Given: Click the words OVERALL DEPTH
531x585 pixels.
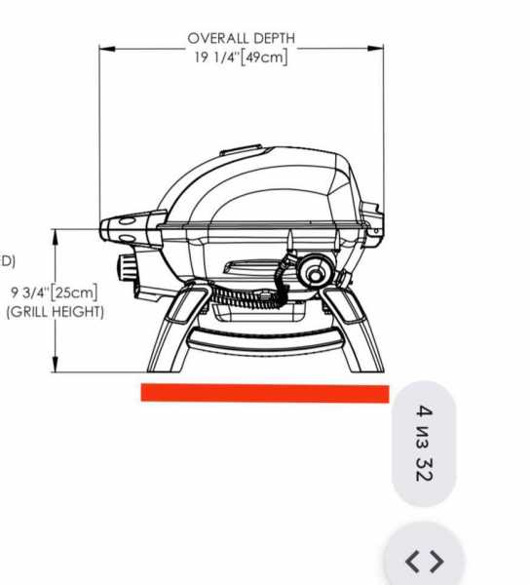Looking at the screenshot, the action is coord(242,38).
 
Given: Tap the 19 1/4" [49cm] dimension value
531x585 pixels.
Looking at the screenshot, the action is coord(242,58).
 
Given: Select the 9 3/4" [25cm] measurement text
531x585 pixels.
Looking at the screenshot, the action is coord(55,292).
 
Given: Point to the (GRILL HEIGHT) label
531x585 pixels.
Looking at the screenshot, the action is coord(56,312).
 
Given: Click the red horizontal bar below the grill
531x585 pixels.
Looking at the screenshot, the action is coord(265,393).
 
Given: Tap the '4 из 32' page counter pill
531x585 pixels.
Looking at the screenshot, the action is coord(424,444).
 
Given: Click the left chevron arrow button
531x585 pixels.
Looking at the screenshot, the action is coord(412,561).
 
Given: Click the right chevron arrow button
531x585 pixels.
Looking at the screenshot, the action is coord(437,561).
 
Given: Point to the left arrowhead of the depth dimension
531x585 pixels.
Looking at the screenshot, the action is coord(107,49).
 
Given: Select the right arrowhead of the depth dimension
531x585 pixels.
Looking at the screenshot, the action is coord(375,48).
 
